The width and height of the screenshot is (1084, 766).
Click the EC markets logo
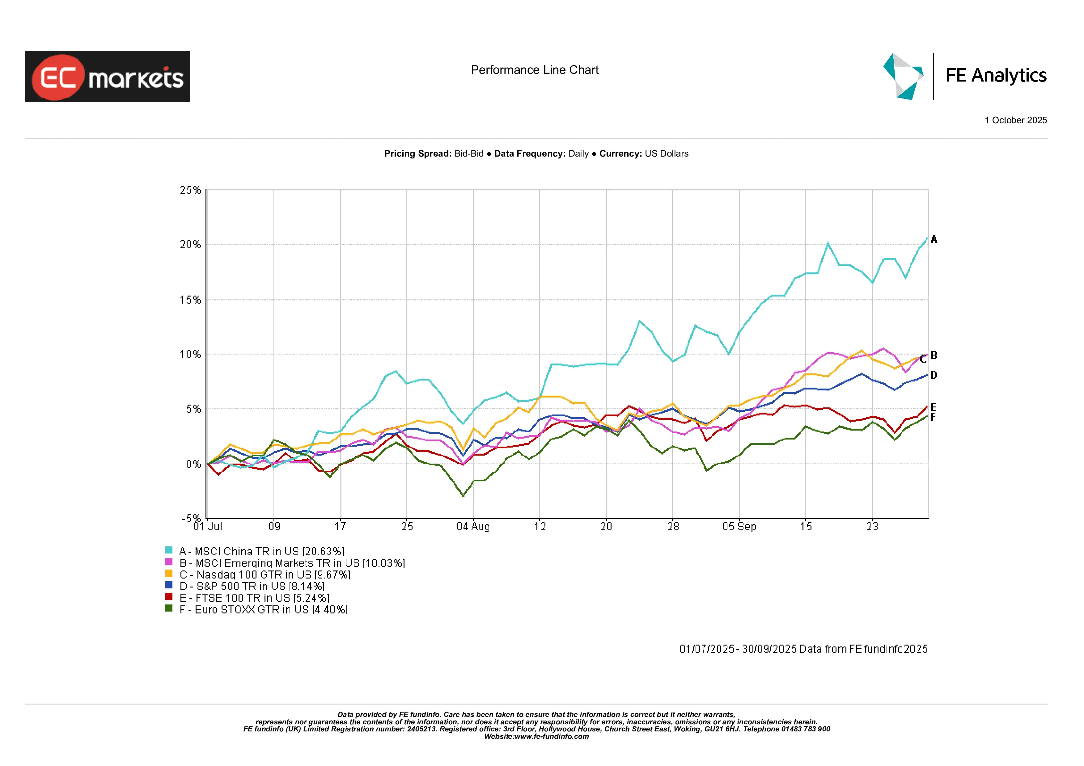point(108,77)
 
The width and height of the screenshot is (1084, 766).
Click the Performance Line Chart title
point(535,70)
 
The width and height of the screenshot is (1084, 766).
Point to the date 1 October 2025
point(1015,120)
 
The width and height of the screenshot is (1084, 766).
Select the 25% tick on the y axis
point(190,190)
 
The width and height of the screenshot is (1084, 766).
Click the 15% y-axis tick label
point(190,300)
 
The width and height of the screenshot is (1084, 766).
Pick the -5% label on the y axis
point(191,518)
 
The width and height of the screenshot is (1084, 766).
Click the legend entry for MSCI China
point(262,551)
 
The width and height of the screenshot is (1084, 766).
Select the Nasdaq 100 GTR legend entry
point(265,574)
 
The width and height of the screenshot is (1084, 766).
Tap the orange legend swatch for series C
point(168,574)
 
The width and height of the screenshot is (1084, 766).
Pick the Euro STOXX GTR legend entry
point(264,609)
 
